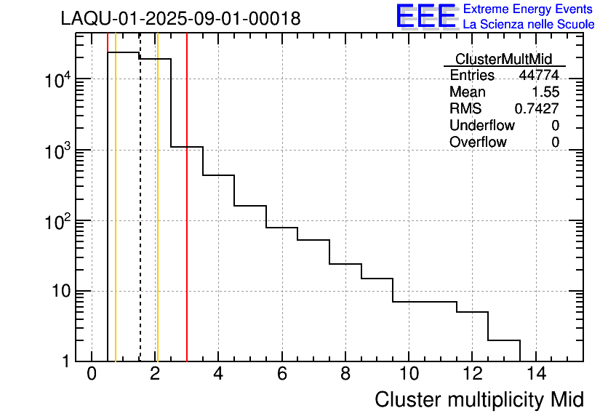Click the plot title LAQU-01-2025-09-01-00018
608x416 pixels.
(x=180, y=19)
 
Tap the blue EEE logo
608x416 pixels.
(x=426, y=16)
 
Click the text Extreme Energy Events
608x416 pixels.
(x=528, y=9)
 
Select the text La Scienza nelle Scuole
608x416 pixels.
(x=528, y=24)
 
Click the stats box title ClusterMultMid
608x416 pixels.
(x=503, y=59)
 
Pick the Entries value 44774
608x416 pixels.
(x=539, y=76)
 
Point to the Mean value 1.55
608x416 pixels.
(x=545, y=92)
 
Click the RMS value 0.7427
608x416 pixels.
(x=537, y=109)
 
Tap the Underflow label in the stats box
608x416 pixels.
(x=483, y=126)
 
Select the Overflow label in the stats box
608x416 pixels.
(x=478, y=143)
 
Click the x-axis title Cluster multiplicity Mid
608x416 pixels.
(x=479, y=399)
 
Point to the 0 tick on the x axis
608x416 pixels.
(x=92, y=375)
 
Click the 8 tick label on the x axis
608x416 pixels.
(x=345, y=375)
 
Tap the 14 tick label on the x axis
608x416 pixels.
(x=536, y=375)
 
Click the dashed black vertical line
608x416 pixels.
(x=140, y=218)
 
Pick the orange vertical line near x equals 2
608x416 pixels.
(x=157, y=218)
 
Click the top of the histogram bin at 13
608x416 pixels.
(x=504, y=340)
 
